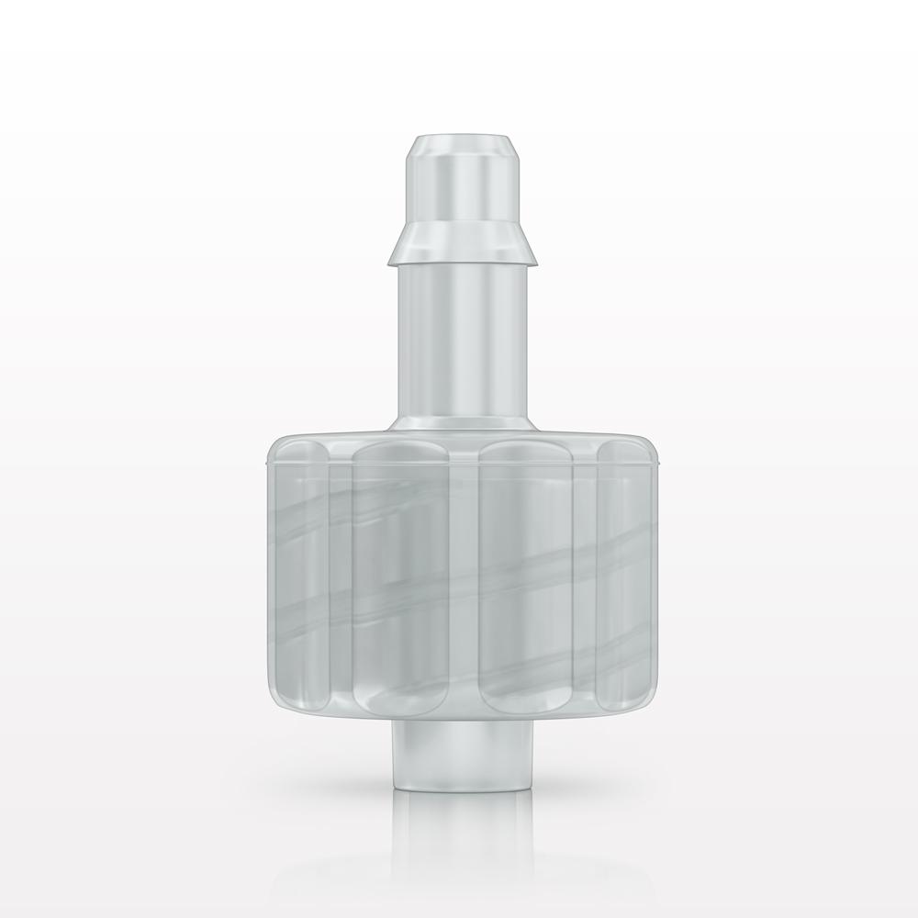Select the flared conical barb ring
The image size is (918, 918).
coord(458,243)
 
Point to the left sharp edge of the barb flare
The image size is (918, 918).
coord(386,260)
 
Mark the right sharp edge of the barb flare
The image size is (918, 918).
coord(532,260)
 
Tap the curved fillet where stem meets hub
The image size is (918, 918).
coord(458,424)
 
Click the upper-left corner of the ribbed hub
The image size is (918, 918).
coord(272,445)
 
